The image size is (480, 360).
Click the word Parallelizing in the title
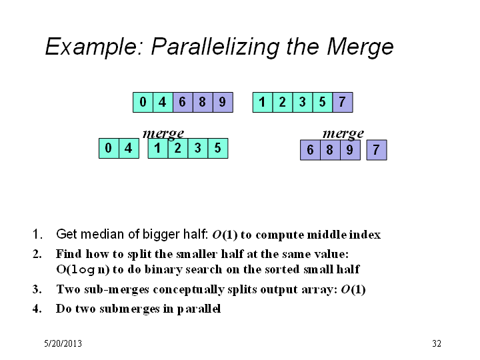pos(215,47)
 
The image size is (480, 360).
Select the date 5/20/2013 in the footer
pos(63,343)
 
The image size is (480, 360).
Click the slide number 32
pos(437,343)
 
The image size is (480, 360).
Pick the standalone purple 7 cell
pos(377,150)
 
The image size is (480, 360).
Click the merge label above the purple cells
pos(343,134)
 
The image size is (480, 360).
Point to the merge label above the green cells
pos(163,134)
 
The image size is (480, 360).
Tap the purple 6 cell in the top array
pos(183,102)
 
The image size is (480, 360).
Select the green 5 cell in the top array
pos(323,102)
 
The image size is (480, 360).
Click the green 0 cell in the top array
pos(143,102)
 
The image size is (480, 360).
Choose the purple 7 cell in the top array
pos(343,102)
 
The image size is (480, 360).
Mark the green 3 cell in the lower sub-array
pos(198,148)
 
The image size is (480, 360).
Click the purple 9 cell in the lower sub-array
pos(350,150)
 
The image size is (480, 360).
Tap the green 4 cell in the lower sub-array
pos(129,148)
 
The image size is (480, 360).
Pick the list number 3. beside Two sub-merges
pos(37,289)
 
